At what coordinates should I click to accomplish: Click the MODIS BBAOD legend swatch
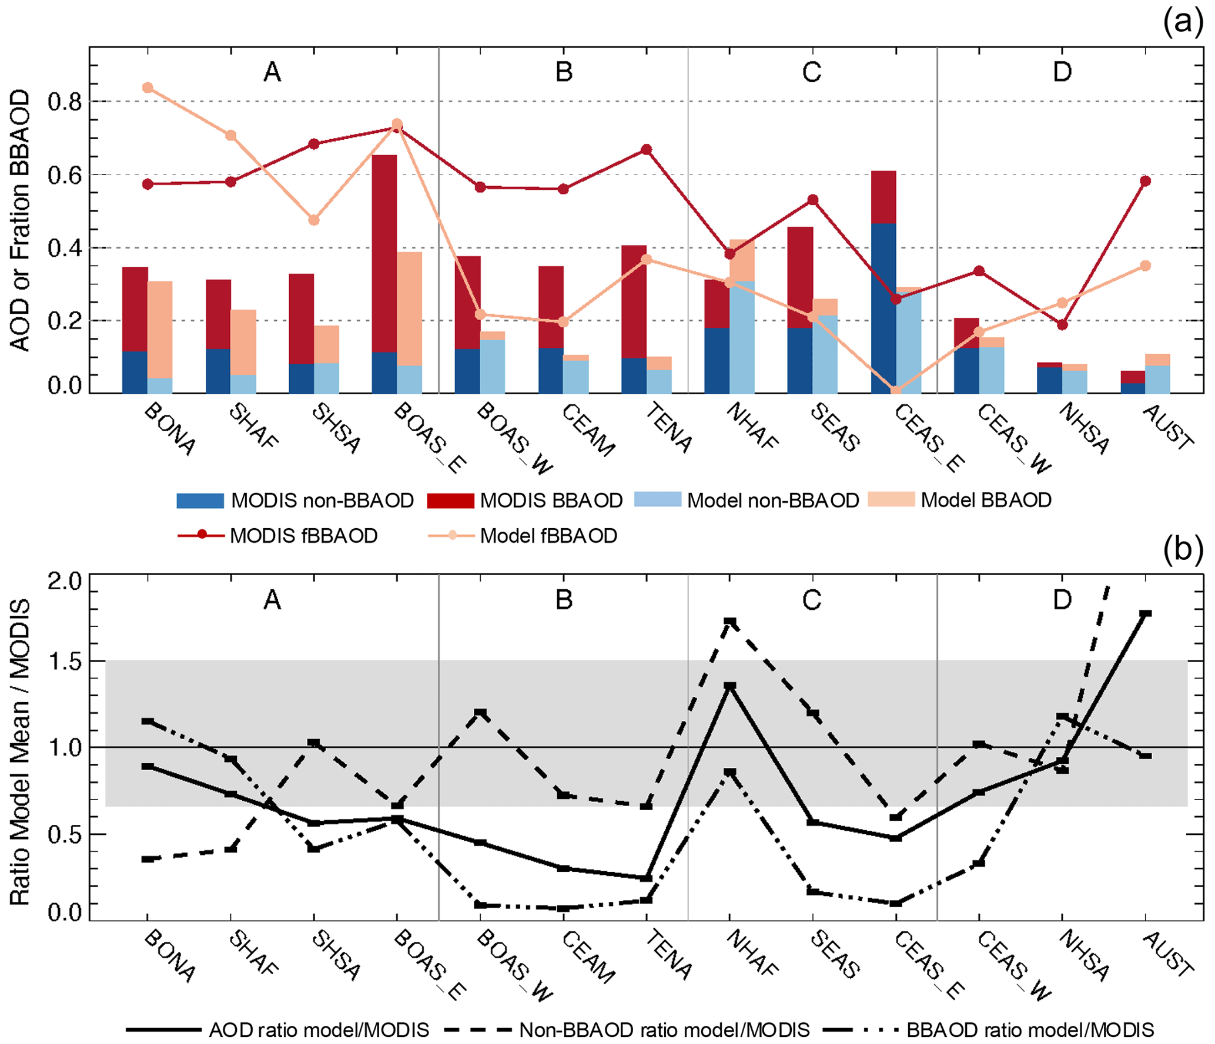point(450,500)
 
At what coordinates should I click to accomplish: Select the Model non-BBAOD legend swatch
point(658,499)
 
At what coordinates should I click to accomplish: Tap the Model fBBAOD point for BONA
point(148,88)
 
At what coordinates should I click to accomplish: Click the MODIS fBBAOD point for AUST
point(1145,181)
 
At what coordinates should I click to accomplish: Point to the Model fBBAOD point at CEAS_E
point(896,391)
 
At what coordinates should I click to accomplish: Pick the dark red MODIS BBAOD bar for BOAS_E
point(384,253)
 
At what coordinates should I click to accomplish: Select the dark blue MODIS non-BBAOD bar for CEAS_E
point(883,308)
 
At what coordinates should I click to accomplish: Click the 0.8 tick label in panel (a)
point(65,102)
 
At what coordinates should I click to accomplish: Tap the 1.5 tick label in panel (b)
point(65,662)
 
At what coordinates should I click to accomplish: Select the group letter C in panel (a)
point(812,72)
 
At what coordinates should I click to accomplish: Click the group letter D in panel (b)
point(1062,599)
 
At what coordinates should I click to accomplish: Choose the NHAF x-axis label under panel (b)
point(752,955)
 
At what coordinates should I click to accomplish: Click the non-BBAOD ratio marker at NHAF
point(729,622)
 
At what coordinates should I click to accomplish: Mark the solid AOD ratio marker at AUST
point(1145,614)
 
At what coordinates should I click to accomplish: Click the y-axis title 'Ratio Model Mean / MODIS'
point(20,752)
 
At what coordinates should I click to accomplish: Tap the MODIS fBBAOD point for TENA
point(646,150)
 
